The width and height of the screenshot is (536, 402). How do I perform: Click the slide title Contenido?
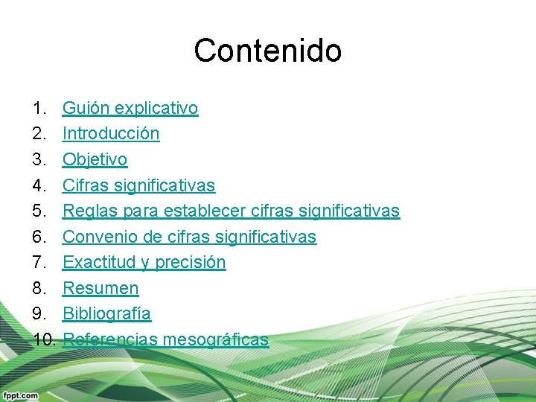coord(267,51)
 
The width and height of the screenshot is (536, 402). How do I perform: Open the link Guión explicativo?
coord(130,108)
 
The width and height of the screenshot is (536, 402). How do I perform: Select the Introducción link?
coord(111,134)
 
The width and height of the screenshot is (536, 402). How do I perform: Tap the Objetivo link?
coord(95,159)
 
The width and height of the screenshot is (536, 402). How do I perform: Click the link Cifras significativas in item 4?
coord(138,185)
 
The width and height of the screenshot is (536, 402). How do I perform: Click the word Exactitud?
coord(95,262)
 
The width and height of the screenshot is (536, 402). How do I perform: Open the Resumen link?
coord(100,288)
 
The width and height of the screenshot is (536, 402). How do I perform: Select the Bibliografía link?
coord(106,314)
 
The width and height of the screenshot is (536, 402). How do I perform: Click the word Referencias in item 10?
coord(110,339)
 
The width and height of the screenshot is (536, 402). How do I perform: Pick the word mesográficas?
coord(216,339)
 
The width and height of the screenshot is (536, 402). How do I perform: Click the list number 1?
coord(39,108)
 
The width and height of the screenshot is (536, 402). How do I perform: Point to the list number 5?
coord(39,211)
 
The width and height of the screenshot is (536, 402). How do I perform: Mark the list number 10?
coord(44,339)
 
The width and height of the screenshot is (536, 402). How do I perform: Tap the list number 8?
coord(39,288)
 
